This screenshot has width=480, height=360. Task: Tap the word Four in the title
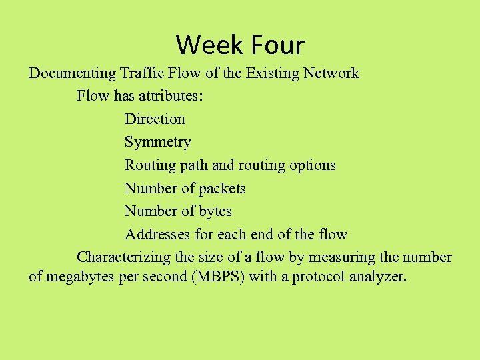coord(277,45)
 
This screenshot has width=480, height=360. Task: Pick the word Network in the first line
coord(330,73)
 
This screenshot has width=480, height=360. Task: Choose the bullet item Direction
coord(155,119)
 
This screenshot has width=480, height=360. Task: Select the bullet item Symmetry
coord(157,143)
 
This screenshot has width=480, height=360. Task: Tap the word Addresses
coord(157,235)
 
